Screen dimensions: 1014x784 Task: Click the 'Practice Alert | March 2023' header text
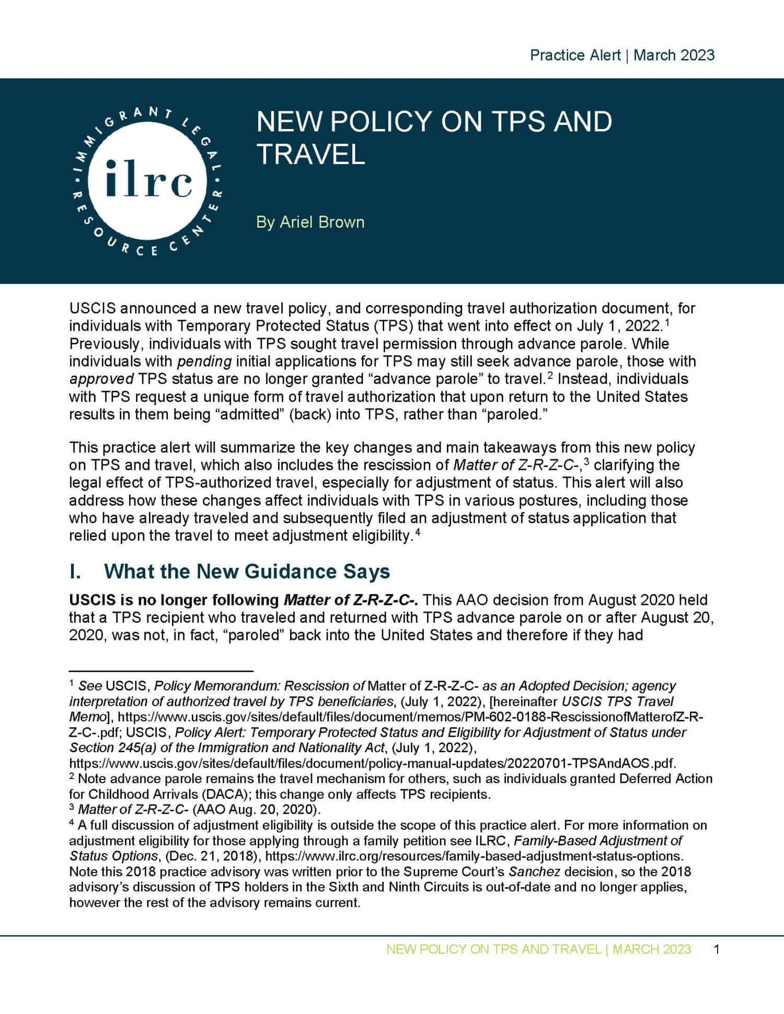[622, 55]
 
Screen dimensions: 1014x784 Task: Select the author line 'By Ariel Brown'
[310, 222]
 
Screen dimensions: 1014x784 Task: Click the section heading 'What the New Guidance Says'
[247, 571]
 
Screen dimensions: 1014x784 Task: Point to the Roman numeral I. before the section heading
[75, 571]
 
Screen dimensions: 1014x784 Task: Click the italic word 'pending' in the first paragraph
[204, 361]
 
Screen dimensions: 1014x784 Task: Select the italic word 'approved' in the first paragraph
[101, 379]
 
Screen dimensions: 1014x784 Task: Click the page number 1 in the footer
[717, 949]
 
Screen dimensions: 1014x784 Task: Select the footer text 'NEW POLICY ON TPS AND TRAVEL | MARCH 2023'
[538, 949]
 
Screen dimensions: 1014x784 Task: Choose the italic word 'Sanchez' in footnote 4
[527, 872]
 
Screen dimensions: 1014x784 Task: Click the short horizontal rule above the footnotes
[161, 670]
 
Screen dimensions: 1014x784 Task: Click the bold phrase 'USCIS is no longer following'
[174, 600]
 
